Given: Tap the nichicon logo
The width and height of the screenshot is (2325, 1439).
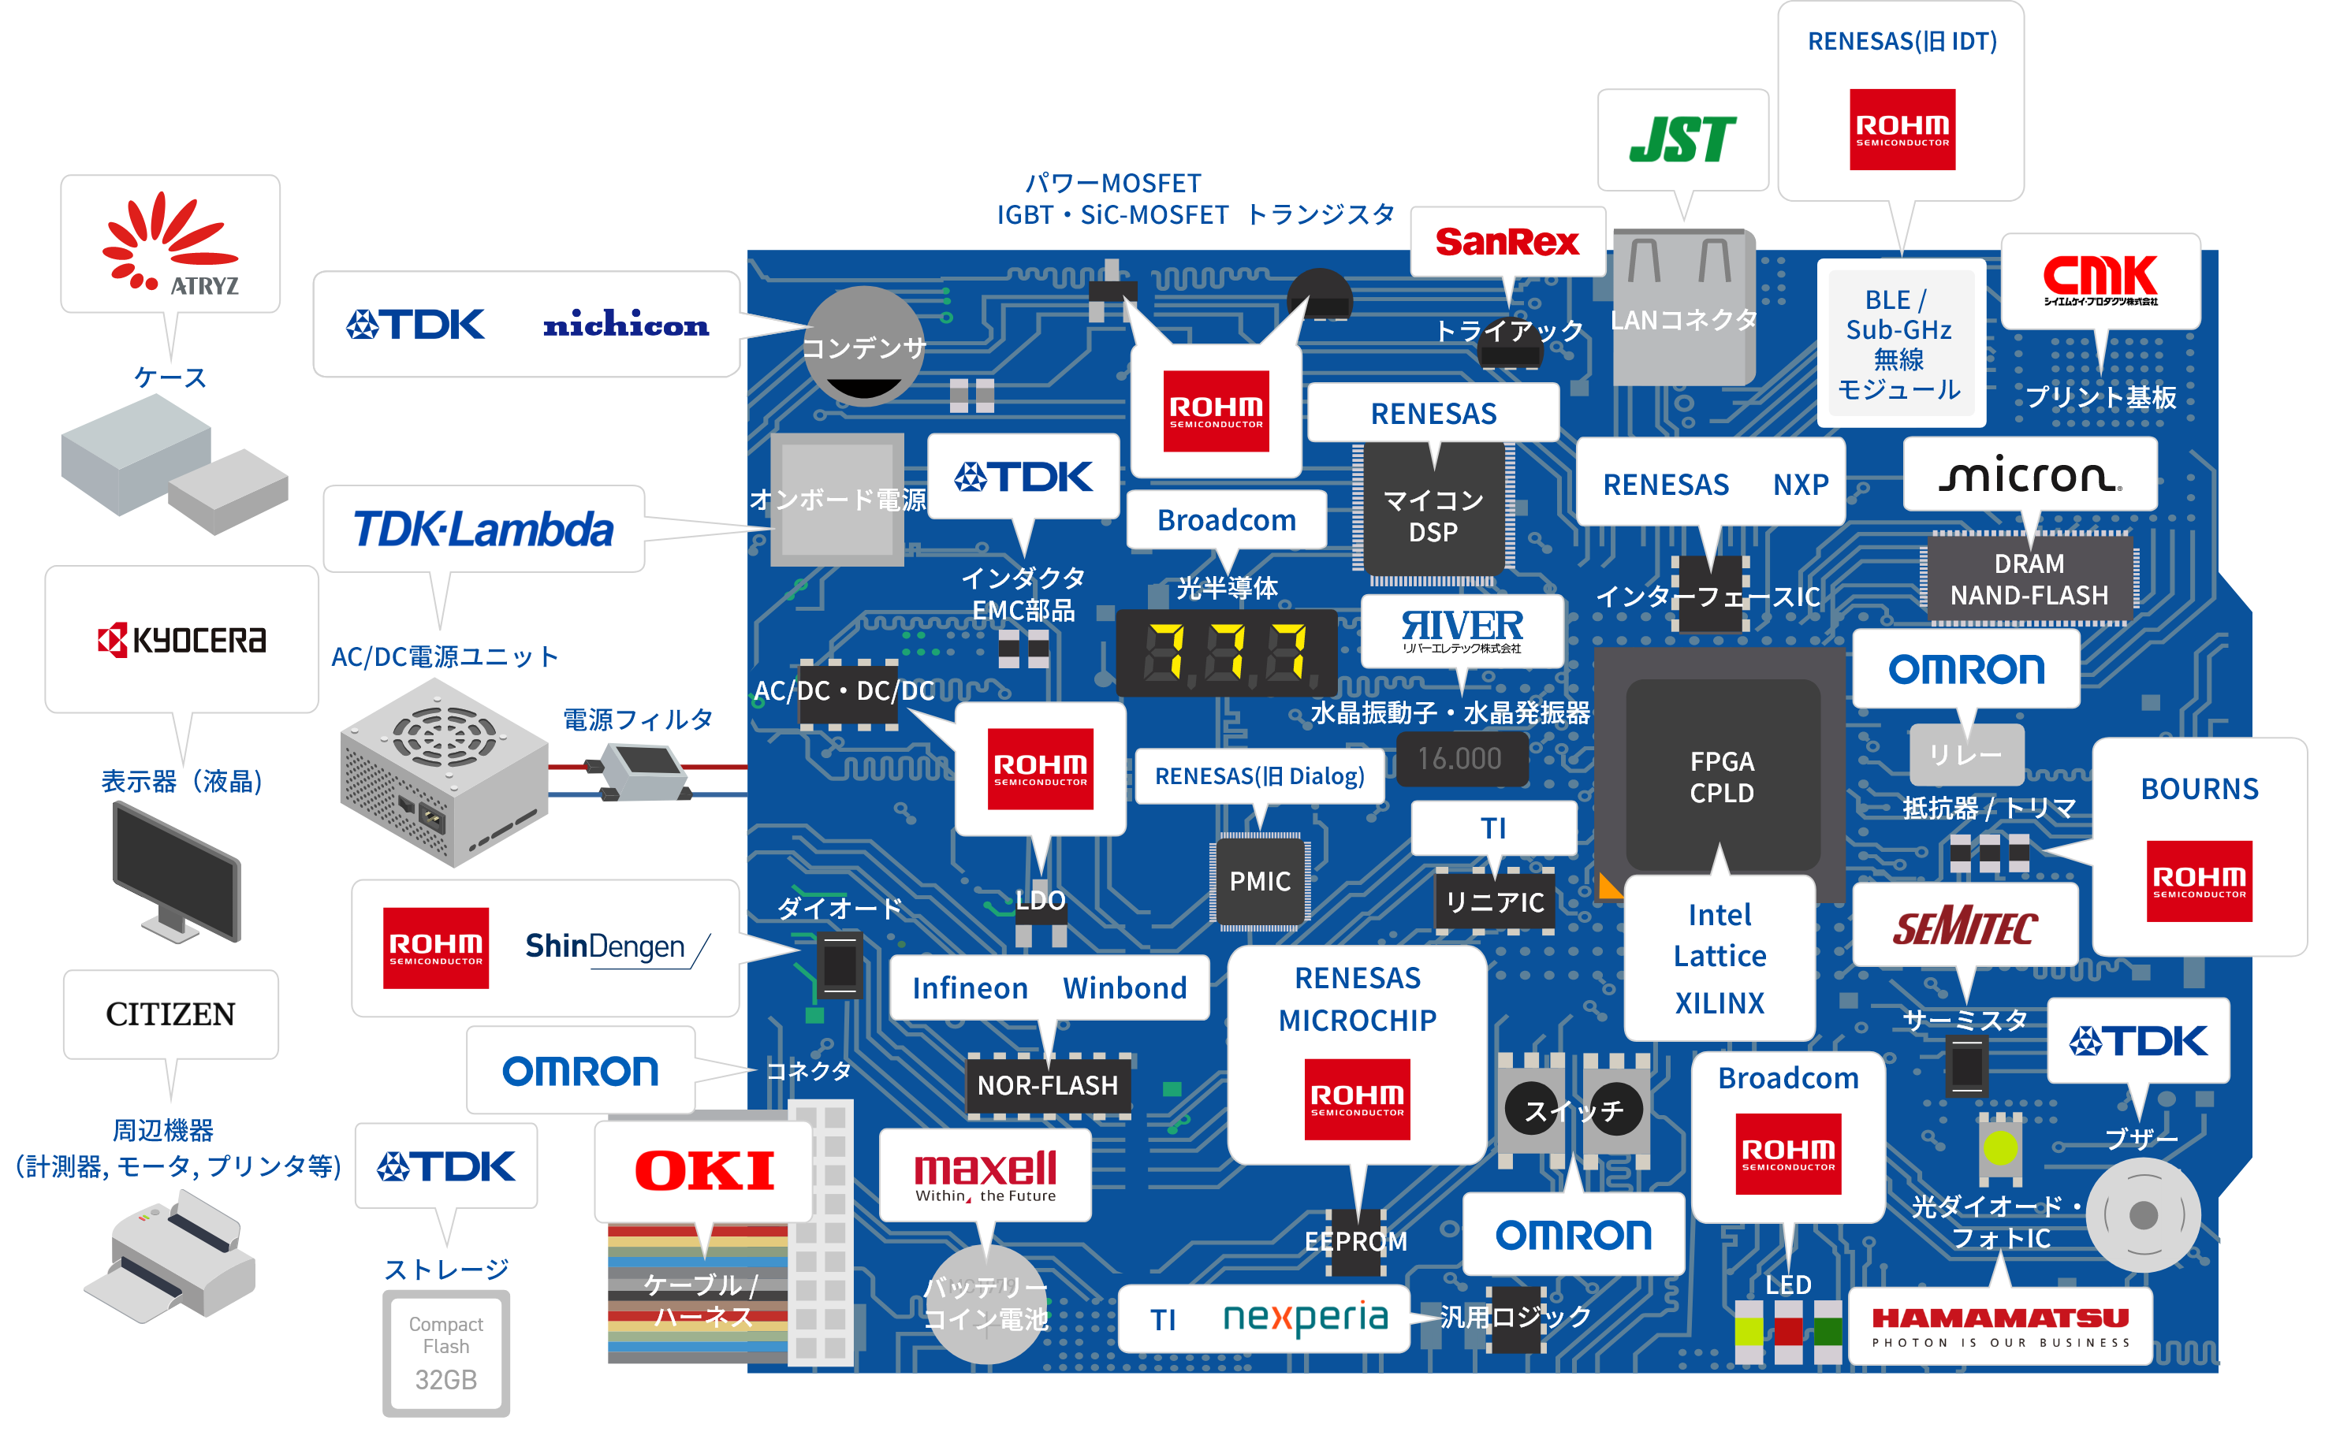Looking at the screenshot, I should pyautogui.click(x=625, y=325).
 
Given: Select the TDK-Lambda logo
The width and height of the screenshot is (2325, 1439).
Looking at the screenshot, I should pyautogui.click(x=483, y=529).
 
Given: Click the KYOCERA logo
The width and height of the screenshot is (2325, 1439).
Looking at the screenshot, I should pyautogui.click(x=182, y=641).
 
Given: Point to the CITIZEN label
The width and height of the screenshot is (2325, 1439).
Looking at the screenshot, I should pyautogui.click(x=170, y=1014).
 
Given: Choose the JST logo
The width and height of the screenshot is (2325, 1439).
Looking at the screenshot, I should pyautogui.click(x=1682, y=140).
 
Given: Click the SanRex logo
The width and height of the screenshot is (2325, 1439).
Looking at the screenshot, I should pyautogui.click(x=1507, y=242).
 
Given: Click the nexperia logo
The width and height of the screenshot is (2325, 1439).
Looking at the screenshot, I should pyautogui.click(x=1306, y=1318).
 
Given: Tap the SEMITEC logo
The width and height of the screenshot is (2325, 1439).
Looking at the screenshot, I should pyautogui.click(x=1965, y=926).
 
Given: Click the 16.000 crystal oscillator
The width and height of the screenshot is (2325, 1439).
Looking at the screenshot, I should pyautogui.click(x=1459, y=759).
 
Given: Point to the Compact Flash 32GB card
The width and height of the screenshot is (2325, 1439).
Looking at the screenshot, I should pyautogui.click(x=445, y=1352).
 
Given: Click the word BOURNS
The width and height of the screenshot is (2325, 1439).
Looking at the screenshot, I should pyautogui.click(x=2200, y=789).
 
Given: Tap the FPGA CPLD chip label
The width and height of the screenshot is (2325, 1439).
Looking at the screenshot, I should pyautogui.click(x=1721, y=776).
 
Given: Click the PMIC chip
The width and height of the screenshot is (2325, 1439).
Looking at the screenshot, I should pyautogui.click(x=1260, y=881).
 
